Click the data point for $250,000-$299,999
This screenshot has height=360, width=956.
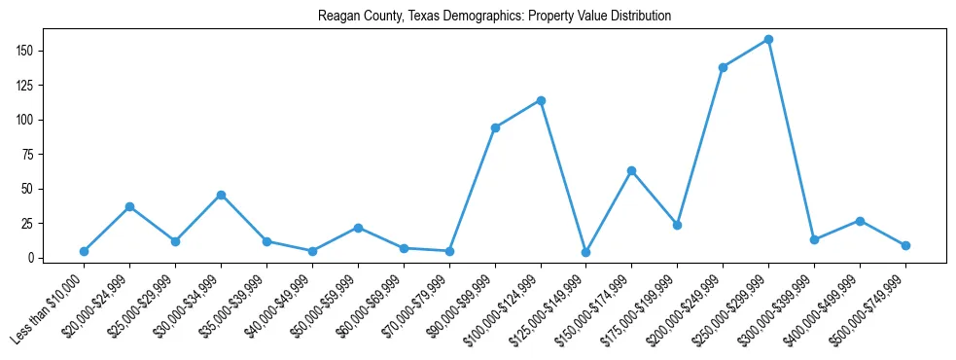click(x=768, y=40)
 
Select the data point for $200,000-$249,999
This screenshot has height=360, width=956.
click(x=723, y=67)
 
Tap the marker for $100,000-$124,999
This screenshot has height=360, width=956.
click(x=541, y=100)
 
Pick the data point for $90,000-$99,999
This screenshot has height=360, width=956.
click(x=495, y=127)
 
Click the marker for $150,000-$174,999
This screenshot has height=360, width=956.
click(x=631, y=170)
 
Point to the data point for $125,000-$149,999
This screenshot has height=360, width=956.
click(x=585, y=252)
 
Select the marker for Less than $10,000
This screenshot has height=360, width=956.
click(x=84, y=251)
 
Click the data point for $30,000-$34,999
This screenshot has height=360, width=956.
click(x=221, y=195)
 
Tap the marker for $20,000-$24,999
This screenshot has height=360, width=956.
click(x=129, y=206)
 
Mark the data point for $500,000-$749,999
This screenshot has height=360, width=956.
click(x=905, y=245)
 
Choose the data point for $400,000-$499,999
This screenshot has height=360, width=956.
click(x=860, y=221)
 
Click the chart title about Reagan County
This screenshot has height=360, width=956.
click(x=494, y=17)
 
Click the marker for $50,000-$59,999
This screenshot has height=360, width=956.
click(x=358, y=228)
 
